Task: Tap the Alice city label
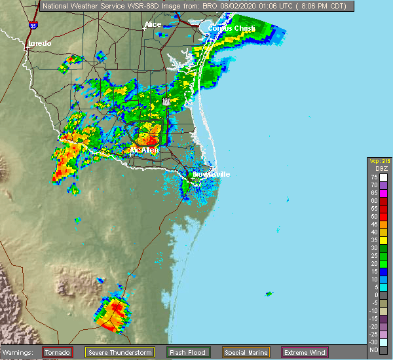click(x=153, y=24)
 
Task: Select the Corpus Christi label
click(x=229, y=28)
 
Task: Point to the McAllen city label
click(x=144, y=150)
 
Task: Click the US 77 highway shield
click(x=166, y=101)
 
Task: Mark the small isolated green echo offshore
click(x=269, y=294)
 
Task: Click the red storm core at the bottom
click(x=116, y=306)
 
